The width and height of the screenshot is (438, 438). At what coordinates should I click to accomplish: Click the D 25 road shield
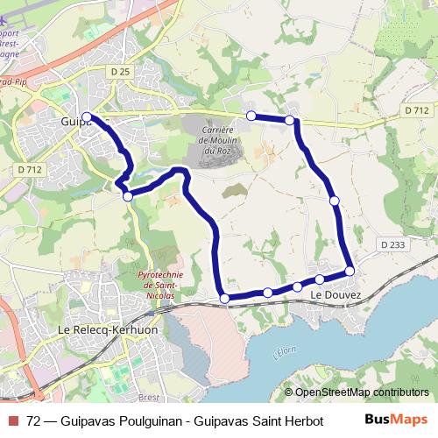pos(121,69)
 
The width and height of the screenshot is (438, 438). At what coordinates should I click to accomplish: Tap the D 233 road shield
pos(392,244)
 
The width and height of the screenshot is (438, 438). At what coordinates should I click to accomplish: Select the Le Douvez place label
pos(336,296)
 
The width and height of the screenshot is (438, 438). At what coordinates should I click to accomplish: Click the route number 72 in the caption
pos(34,420)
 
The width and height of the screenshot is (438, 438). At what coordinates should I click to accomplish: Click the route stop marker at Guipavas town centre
pos(87,117)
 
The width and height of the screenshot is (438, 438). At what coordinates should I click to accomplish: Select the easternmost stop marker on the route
pos(350,272)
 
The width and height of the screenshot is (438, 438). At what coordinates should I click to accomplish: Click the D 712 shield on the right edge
pos(417,109)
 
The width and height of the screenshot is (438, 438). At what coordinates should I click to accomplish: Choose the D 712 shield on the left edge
pos(28,169)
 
